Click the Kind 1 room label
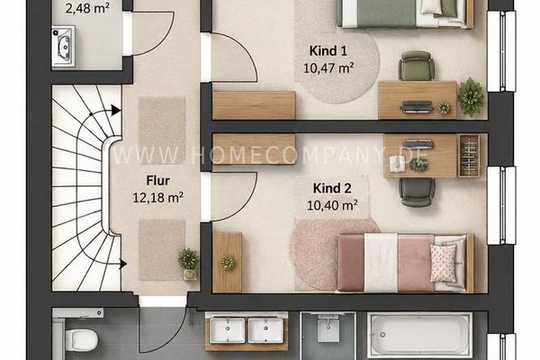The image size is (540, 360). coord(328,51)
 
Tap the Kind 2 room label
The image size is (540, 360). coord(332,188)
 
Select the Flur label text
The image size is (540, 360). coord(158,181)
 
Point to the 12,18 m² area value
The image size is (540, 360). coord(157,197)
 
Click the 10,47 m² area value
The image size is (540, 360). coord(328,67)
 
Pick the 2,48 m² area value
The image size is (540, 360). coord(87,8)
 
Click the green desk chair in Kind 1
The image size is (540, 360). coord(417,66)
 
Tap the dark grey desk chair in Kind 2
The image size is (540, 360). coord(417,193)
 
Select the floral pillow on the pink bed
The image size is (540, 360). coord(443,263)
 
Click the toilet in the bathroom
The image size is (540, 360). coord(81,339)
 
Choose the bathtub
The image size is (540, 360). coord(419,335)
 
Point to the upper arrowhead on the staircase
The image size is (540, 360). coord(116,111)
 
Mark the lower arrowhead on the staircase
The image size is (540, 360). coord(123,265)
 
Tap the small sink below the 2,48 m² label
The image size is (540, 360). coord(63,47)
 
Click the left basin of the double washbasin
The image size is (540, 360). coord(228,330)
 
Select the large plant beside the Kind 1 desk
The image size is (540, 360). coord(471,96)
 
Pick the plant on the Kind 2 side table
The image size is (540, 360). coord(228,263)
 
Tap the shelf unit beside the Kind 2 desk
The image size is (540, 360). coord(469,156)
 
